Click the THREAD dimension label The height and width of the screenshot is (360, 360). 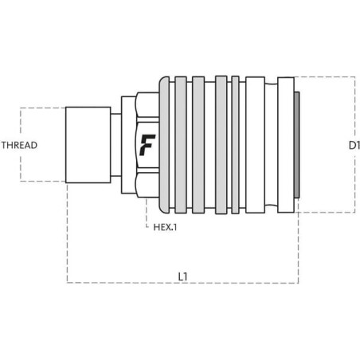point(19,145)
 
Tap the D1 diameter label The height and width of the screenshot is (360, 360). point(354,145)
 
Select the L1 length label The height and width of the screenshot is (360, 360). point(182,276)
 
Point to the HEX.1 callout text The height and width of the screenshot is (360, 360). point(165,227)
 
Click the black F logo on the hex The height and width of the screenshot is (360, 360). point(147,145)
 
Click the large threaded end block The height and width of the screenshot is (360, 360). point(88,145)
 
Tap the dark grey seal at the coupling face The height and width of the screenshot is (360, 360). point(297,145)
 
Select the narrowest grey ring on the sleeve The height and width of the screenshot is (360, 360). point(235,145)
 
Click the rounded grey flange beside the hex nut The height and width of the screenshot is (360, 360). point(164,145)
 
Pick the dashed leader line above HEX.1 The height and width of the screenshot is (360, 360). point(147,213)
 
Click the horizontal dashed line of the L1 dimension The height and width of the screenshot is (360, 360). point(182,283)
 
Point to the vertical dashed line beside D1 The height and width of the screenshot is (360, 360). point(354,145)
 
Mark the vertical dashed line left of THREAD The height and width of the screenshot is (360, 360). point(21,145)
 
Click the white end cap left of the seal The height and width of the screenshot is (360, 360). point(286,145)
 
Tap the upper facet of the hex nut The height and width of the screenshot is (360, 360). point(147,105)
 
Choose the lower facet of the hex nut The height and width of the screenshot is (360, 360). point(147,186)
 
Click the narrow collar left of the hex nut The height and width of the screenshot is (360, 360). point(128,145)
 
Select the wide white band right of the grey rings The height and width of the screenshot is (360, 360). point(255,145)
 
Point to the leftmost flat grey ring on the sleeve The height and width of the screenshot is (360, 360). point(181,145)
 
